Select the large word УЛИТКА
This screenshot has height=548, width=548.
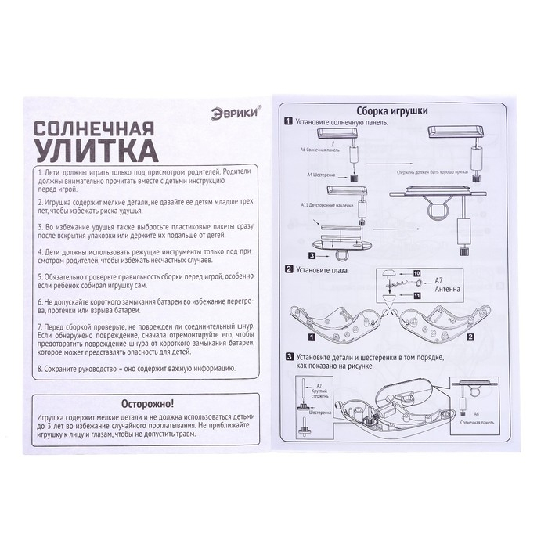(x=88, y=148)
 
